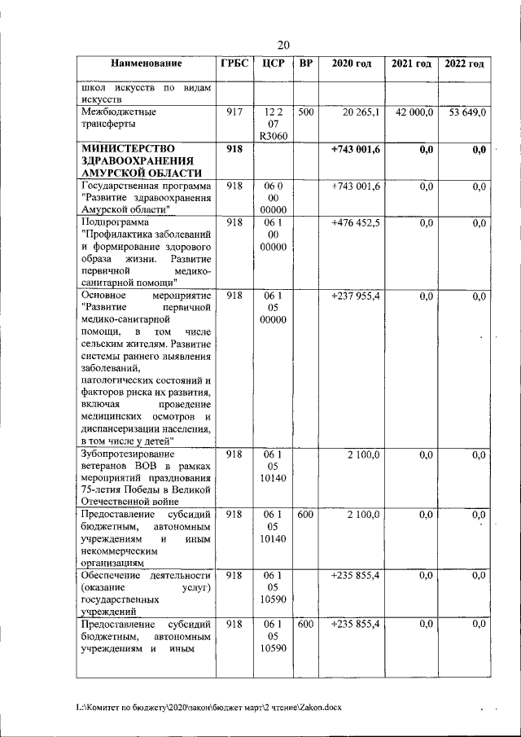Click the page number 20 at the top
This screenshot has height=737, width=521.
(x=283, y=45)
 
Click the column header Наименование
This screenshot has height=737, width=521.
(x=147, y=64)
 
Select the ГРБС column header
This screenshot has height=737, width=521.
(x=234, y=64)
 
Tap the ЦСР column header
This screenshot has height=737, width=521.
(x=273, y=64)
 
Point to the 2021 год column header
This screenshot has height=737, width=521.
(x=411, y=64)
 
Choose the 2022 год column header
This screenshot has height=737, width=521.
(x=464, y=64)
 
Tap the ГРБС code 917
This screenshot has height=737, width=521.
(x=234, y=112)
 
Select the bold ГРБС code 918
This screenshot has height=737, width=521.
(x=234, y=149)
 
